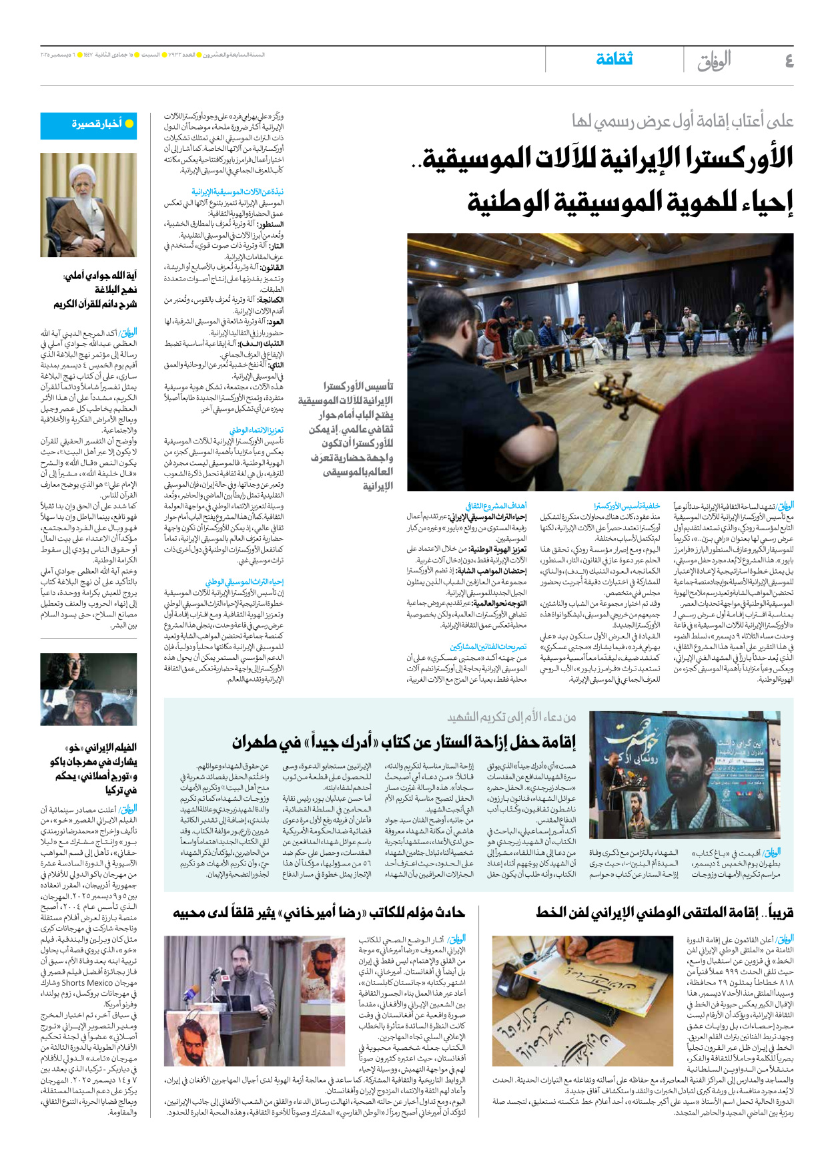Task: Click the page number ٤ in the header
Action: click(789, 61)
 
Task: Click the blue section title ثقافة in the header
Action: click(614, 59)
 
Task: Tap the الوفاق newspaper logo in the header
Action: click(714, 61)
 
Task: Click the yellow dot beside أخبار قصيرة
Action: click(129, 124)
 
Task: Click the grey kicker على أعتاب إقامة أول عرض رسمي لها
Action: click(682, 122)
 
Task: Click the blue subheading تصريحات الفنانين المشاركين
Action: click(488, 647)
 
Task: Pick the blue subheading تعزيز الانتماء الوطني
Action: click(256, 431)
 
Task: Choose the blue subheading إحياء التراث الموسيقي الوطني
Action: click(244, 582)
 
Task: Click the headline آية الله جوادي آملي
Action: click(100, 275)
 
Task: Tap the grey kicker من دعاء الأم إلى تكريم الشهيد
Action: click(511, 717)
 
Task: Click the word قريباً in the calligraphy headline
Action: click(778, 912)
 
